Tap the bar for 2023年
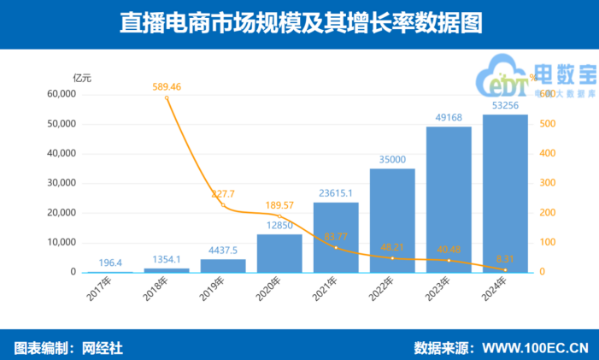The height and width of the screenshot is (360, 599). click(449, 200)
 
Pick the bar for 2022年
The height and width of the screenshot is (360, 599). click(392, 221)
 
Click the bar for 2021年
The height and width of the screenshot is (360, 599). click(336, 238)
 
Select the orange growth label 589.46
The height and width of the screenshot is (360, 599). click(167, 86)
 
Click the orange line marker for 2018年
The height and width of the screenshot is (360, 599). click(167, 97)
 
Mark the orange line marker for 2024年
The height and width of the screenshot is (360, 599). click(505, 270)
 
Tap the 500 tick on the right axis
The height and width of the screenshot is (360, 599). click(551, 124)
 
